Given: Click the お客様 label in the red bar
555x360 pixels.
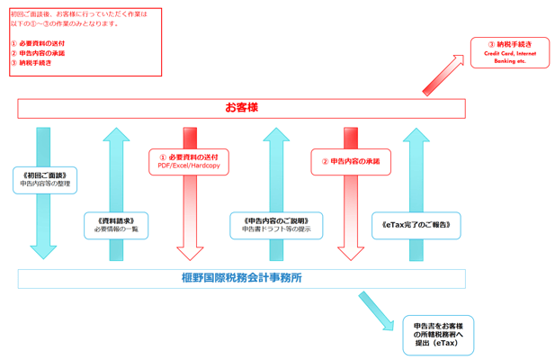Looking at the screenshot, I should click(241, 108).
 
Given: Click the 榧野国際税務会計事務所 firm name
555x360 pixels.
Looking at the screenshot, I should click(241, 278).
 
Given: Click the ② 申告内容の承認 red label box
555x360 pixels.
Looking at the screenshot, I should click(351, 161).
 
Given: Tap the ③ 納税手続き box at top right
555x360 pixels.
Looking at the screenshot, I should click(509, 53).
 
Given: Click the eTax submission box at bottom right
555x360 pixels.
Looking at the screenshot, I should click(437, 334).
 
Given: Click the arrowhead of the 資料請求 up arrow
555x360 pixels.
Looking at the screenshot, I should click(115, 136).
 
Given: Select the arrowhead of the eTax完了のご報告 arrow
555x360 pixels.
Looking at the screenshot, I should click(416, 136).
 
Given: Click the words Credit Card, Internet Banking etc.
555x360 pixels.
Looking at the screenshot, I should click(509, 58).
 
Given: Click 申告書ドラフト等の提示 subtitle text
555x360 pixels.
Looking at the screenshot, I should click(275, 229).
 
